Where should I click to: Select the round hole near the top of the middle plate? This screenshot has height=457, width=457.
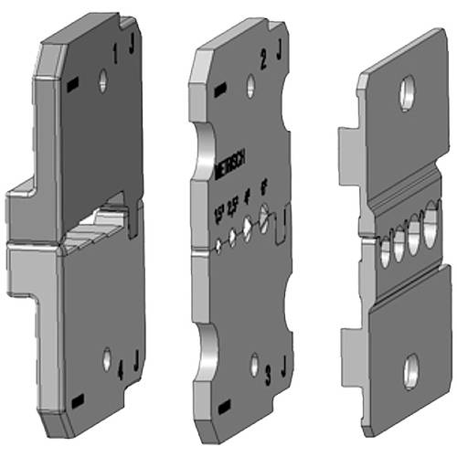[250, 87]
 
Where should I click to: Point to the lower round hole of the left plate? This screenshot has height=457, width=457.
[107, 359]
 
